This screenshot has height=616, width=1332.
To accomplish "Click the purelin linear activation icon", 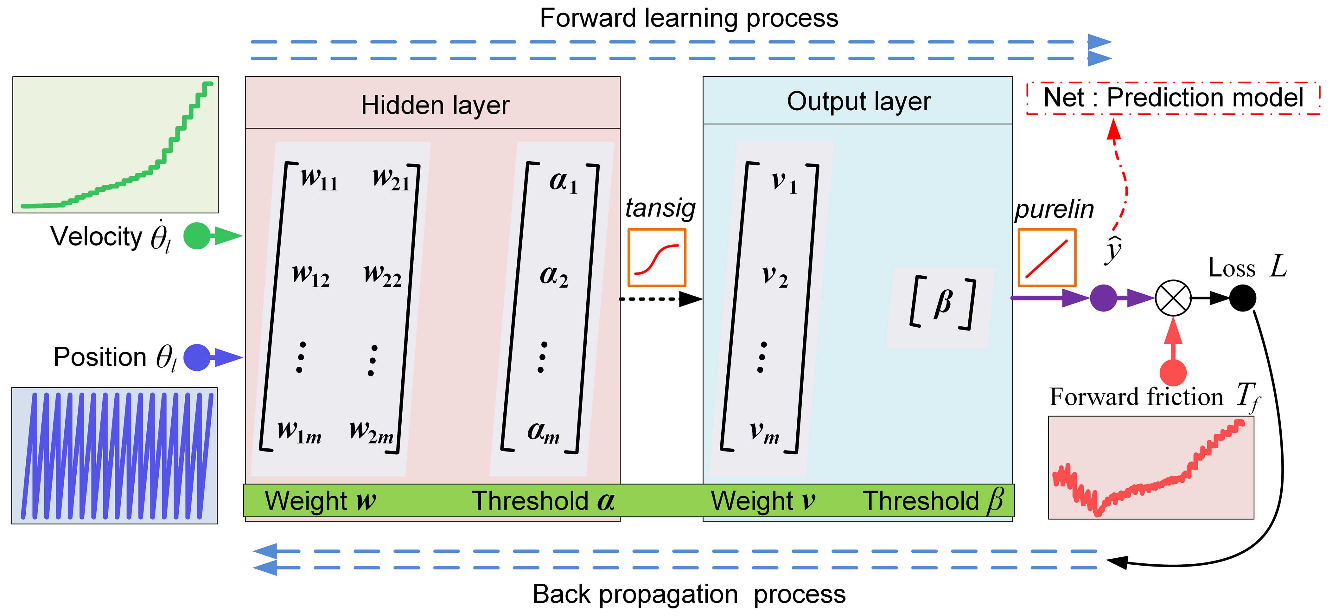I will (1047, 258).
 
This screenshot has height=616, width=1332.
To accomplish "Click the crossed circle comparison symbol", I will (1173, 298).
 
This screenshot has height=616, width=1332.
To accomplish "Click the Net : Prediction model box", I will (1173, 98).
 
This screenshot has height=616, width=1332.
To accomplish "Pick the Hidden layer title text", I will (435, 105).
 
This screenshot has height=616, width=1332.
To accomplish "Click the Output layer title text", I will (858, 101).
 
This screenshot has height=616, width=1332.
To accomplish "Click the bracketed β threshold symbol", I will (942, 303).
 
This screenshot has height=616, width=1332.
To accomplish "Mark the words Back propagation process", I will (689, 594).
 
